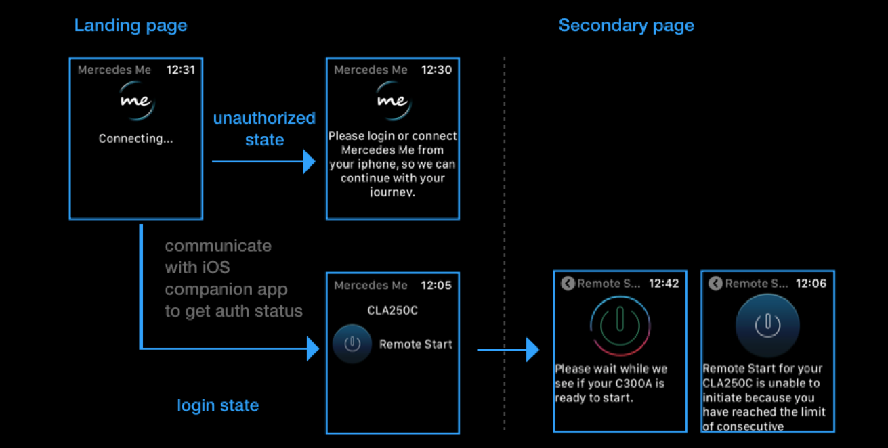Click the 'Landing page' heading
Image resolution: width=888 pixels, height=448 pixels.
[130, 26]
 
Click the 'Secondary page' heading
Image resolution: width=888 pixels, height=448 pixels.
[626, 26]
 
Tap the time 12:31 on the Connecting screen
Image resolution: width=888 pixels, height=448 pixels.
[181, 70]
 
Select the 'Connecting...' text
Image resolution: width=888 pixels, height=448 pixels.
[135, 139]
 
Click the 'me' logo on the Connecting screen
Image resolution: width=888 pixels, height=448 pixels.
[135, 101]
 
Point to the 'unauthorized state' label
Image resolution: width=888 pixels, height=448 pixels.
[264, 129]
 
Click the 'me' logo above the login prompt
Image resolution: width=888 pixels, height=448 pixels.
[392, 101]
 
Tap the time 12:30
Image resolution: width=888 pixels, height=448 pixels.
[437, 70]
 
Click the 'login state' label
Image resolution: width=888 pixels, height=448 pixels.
[217, 405]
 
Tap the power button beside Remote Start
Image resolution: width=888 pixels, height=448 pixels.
[352, 344]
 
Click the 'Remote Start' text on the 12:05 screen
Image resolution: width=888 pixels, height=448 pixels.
[415, 344]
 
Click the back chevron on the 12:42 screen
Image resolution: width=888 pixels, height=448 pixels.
[568, 284]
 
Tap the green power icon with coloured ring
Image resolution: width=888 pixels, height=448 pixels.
[620, 324]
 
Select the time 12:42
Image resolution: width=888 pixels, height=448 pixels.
[664, 284]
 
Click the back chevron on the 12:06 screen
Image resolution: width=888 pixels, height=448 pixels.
[715, 284]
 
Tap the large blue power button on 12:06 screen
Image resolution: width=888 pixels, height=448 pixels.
[767, 326]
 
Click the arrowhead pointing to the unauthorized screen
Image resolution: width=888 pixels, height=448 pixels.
[310, 162]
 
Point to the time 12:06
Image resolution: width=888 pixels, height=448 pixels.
[811, 284]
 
